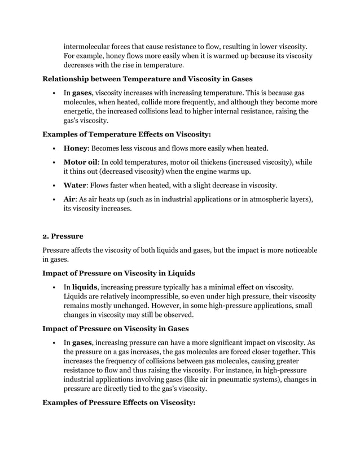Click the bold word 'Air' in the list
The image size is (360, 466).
click(x=70, y=200)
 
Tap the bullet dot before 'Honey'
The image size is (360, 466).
click(x=52, y=149)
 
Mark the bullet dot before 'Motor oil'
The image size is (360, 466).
click(x=52, y=163)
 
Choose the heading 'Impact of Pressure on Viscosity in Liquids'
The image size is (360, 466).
click(x=119, y=274)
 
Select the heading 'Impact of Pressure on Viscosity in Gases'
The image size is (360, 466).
click(x=116, y=328)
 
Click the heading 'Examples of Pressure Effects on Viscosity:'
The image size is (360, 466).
click(x=119, y=403)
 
